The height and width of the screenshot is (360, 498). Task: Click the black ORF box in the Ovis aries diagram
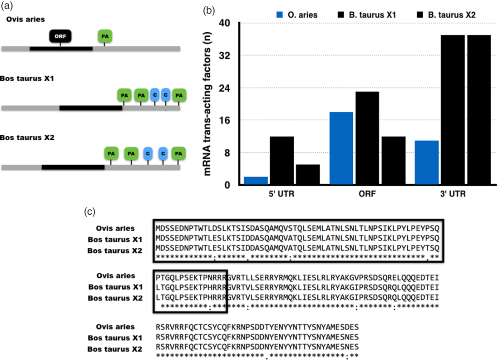[60, 36]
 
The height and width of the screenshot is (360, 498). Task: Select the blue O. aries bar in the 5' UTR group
[256, 181]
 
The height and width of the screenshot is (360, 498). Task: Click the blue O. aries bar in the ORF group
[341, 148]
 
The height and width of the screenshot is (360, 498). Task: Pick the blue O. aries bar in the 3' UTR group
[427, 163]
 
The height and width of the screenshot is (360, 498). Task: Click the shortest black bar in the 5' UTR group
[308, 175]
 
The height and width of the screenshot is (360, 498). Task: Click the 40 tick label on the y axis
[225, 23]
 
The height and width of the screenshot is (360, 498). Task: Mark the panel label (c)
[90, 211]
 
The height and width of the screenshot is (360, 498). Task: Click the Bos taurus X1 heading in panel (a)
[28, 79]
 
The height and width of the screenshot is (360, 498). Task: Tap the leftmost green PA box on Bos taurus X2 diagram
[111, 153]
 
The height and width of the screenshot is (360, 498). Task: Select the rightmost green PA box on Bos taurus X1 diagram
[179, 95]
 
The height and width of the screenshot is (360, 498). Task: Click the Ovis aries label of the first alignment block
[115, 227]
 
